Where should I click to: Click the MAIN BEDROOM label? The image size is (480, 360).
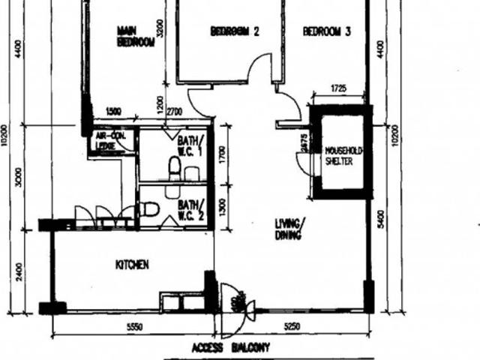(x=136, y=37)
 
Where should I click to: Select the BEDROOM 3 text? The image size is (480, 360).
(x=327, y=31)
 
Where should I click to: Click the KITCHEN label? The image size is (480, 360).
(x=132, y=265)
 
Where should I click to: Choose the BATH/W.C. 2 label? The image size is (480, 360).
(x=190, y=207)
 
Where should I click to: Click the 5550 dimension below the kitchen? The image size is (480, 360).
(x=134, y=326)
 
